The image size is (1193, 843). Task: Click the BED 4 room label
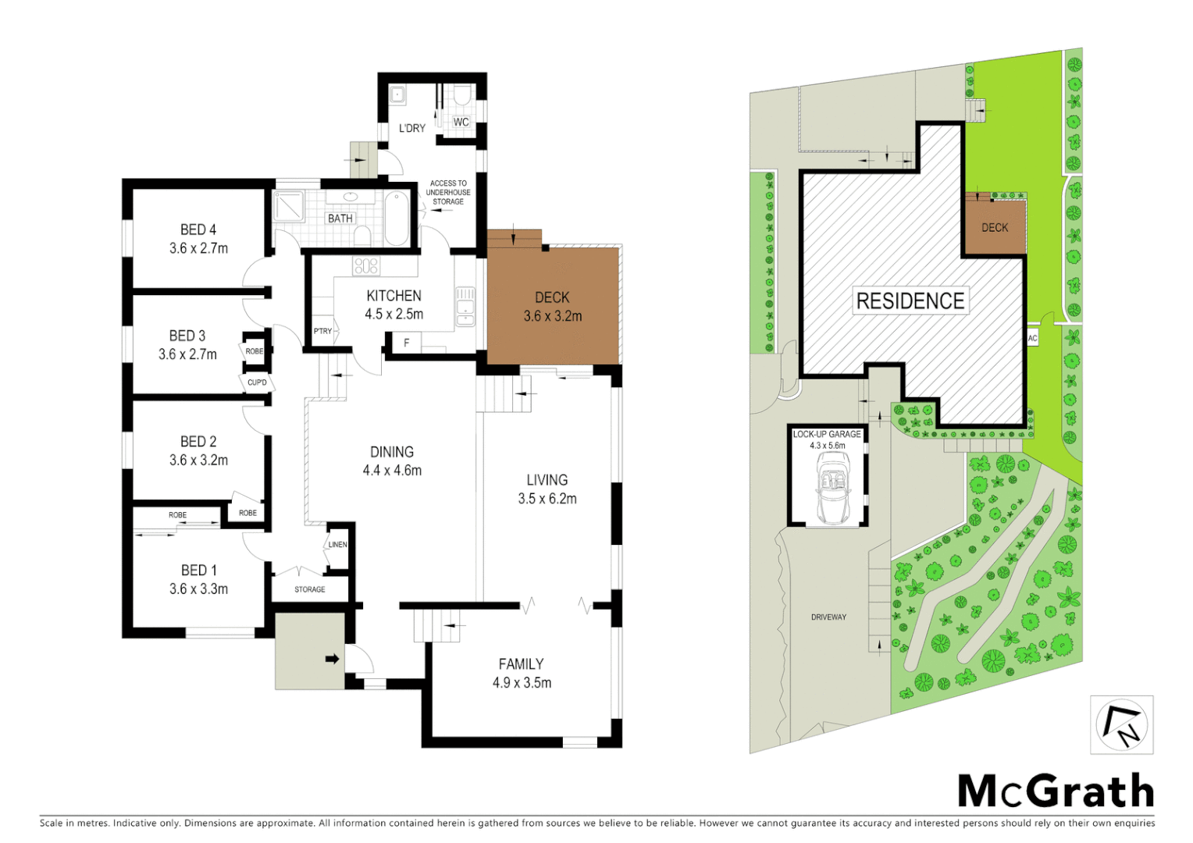[198, 229]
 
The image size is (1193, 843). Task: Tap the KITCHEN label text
[394, 296]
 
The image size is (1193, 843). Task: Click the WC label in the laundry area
[461, 123]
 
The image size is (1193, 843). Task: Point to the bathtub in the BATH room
[396, 218]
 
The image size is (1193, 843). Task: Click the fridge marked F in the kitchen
[406, 343]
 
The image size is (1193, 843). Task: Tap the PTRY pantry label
[322, 331]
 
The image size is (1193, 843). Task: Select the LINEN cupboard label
[337, 545]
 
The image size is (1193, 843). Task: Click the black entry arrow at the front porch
[333, 660]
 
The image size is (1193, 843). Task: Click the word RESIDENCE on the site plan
[910, 301]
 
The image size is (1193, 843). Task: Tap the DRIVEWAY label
[828, 617]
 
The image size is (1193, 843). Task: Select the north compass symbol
[1122, 725]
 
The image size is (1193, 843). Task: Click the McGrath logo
[1056, 791]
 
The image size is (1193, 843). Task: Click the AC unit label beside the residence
[1032, 339]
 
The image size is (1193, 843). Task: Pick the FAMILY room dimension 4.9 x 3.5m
[522, 683]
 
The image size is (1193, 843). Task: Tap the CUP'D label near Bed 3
[257, 382]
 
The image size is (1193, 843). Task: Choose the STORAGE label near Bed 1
[310, 589]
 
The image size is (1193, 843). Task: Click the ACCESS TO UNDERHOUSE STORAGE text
[448, 192]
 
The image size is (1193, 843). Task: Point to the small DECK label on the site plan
[994, 228]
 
